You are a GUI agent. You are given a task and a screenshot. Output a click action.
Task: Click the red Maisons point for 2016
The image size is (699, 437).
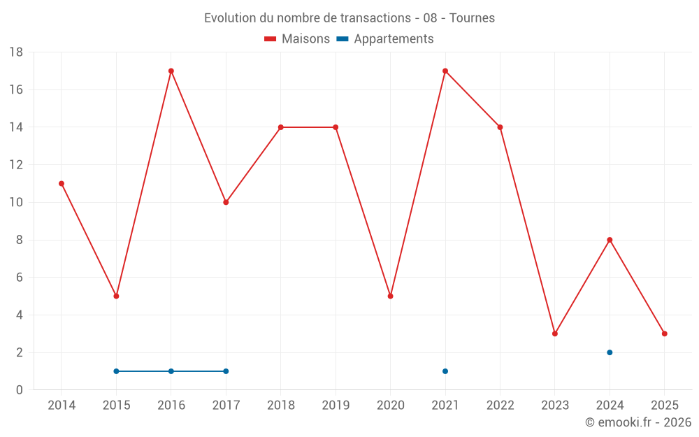(171, 71)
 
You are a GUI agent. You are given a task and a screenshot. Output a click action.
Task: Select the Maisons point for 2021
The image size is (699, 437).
(445, 71)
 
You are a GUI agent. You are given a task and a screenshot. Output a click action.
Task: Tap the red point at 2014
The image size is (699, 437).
(62, 183)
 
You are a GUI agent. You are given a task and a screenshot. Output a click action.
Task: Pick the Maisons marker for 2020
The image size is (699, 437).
(390, 296)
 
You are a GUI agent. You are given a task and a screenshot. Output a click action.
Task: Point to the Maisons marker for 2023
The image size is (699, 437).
(555, 334)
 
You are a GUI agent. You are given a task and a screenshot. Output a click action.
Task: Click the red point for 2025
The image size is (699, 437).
(664, 334)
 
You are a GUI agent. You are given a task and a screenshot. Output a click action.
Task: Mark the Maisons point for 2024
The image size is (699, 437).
(610, 240)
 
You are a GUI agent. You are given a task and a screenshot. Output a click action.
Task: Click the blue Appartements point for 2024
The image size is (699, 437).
(610, 352)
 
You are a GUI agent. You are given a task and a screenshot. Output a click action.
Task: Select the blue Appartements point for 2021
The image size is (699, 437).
(445, 371)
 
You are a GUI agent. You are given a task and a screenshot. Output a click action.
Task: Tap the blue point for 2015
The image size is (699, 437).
(116, 371)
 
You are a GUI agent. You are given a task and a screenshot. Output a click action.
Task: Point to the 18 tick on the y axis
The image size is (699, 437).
(16, 52)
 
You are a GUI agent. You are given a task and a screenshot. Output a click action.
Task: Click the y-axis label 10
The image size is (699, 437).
(16, 203)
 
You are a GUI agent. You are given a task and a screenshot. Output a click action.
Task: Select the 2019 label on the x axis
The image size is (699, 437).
(336, 406)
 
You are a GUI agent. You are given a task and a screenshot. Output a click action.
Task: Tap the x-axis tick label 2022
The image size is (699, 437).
(500, 406)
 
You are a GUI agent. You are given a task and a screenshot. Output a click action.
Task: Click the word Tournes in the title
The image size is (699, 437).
(472, 18)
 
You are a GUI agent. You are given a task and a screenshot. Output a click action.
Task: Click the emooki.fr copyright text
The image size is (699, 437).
(638, 422)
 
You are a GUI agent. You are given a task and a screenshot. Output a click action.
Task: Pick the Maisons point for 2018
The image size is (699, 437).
(281, 127)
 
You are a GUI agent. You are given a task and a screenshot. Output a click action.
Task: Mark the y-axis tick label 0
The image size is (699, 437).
(20, 390)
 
